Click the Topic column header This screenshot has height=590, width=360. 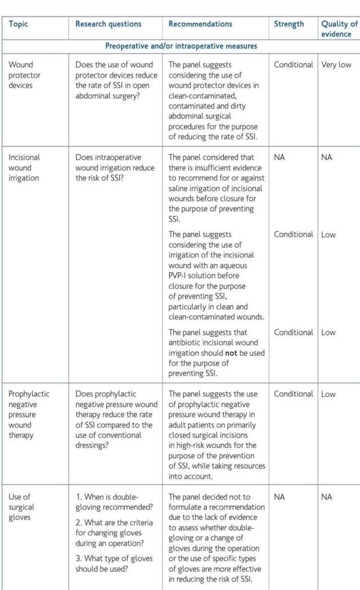[x=18, y=24]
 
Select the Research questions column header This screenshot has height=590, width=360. [x=108, y=24]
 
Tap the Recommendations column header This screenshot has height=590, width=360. [x=200, y=24]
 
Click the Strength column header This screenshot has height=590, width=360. [x=289, y=24]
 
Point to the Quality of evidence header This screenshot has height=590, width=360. [x=339, y=29]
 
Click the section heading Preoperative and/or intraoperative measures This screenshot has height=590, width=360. [x=181, y=46]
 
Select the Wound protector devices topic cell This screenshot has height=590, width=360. [x=21, y=75]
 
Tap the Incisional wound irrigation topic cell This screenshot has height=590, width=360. [x=24, y=168]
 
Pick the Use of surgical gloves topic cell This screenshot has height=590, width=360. [x=21, y=507]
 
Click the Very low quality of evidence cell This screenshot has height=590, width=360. [x=336, y=65]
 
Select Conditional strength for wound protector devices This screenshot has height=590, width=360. [x=293, y=65]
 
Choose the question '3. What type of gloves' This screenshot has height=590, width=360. [x=110, y=564]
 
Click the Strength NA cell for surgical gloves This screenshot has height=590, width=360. [x=280, y=497]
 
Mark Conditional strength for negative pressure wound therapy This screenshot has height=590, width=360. [x=293, y=394]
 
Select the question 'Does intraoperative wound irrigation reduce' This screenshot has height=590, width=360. [x=114, y=168]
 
